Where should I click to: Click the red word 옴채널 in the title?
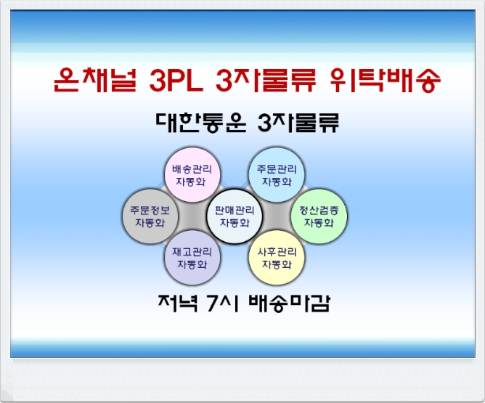point(95,80)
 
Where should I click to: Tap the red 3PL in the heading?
point(176,81)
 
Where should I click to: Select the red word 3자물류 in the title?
point(266,80)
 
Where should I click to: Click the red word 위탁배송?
point(385,80)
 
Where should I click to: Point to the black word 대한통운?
point(200,123)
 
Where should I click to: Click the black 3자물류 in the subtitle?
point(298,123)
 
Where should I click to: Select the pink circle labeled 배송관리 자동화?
point(192,175)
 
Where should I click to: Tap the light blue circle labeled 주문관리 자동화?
point(277,175)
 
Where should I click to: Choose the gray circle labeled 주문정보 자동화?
point(150,216)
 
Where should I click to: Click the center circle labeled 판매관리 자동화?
point(235,216)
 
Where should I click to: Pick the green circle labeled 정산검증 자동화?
point(319,216)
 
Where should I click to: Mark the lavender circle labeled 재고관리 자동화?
point(192,258)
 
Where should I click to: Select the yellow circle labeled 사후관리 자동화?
point(277,258)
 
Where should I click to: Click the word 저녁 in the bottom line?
point(178,303)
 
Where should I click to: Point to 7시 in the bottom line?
point(222,303)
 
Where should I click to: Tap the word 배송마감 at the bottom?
point(289,303)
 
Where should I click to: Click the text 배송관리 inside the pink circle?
point(192,169)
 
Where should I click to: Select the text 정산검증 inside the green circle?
point(319,211)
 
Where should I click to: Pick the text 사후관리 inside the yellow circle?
point(277,252)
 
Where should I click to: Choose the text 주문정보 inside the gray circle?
point(150,211)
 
